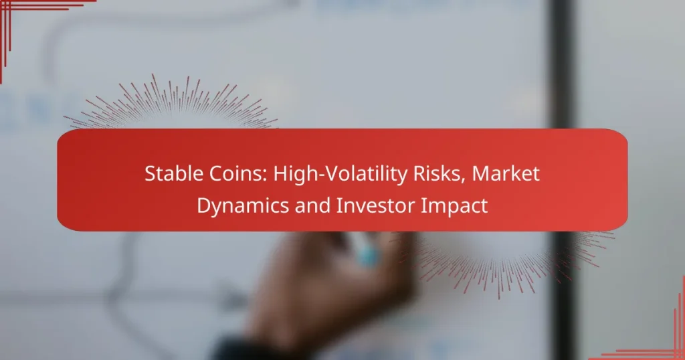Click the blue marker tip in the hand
point(366,254)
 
